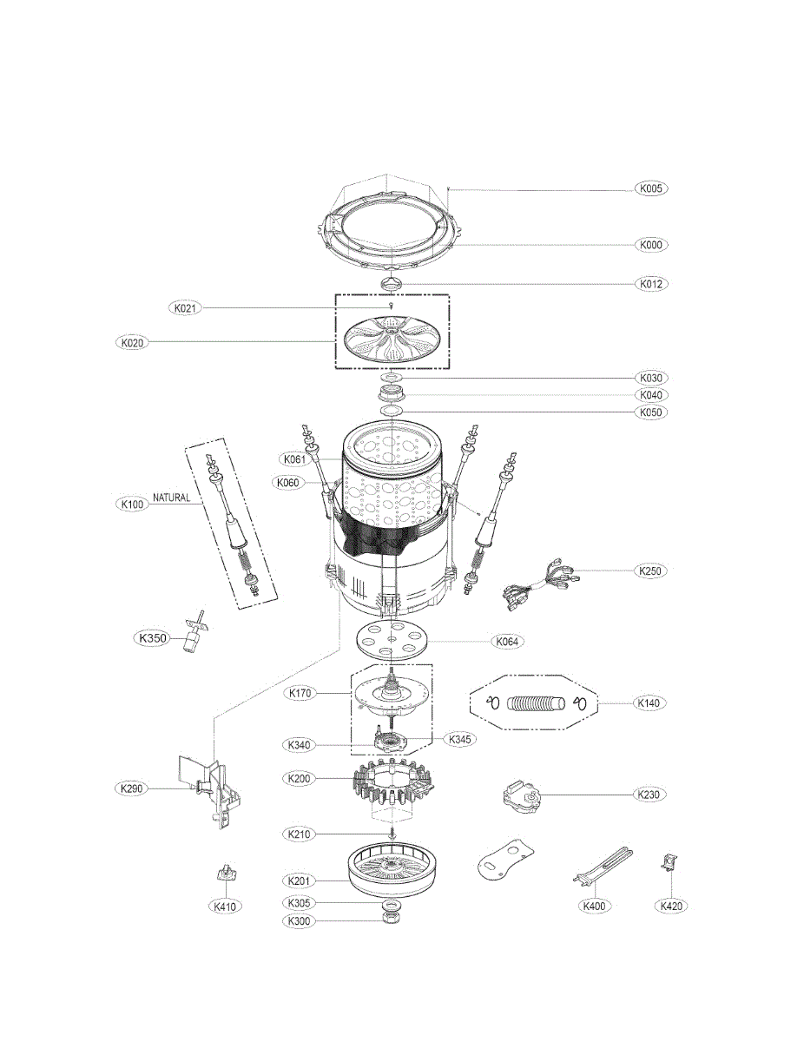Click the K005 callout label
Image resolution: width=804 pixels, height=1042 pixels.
tap(651, 188)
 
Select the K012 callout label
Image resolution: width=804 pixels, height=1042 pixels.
tap(651, 284)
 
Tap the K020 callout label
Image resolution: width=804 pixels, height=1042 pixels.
tap(132, 342)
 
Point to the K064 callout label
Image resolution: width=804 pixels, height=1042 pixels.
tap(508, 642)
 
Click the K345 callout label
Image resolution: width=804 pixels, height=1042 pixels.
tap(459, 740)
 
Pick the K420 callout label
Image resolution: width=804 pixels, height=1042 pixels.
tap(670, 906)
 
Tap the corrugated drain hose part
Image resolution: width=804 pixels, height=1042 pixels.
tap(536, 702)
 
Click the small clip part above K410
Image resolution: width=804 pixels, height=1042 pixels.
tap(226, 874)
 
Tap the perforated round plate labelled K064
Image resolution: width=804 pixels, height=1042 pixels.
tap(393, 642)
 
